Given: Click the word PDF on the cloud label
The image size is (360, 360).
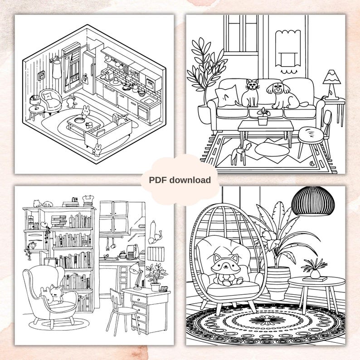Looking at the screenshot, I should (159, 180).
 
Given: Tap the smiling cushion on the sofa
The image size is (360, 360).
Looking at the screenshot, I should (226, 96).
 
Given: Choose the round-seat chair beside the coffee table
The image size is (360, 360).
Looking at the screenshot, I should (311, 134).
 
